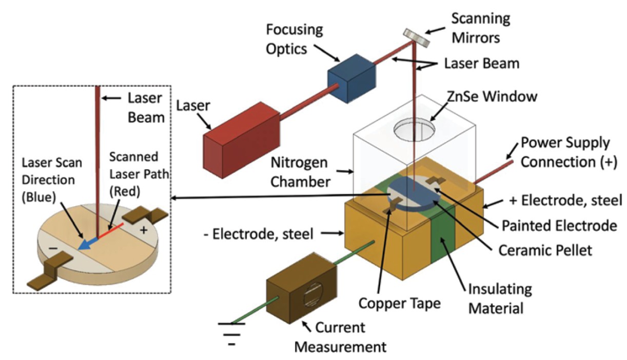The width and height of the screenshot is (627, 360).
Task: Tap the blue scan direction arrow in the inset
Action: (x=87, y=243)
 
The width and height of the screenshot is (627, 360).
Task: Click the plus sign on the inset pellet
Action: (x=144, y=230)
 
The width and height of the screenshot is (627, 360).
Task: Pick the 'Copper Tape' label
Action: (x=400, y=304)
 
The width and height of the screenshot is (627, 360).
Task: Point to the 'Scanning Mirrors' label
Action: (x=480, y=27)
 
